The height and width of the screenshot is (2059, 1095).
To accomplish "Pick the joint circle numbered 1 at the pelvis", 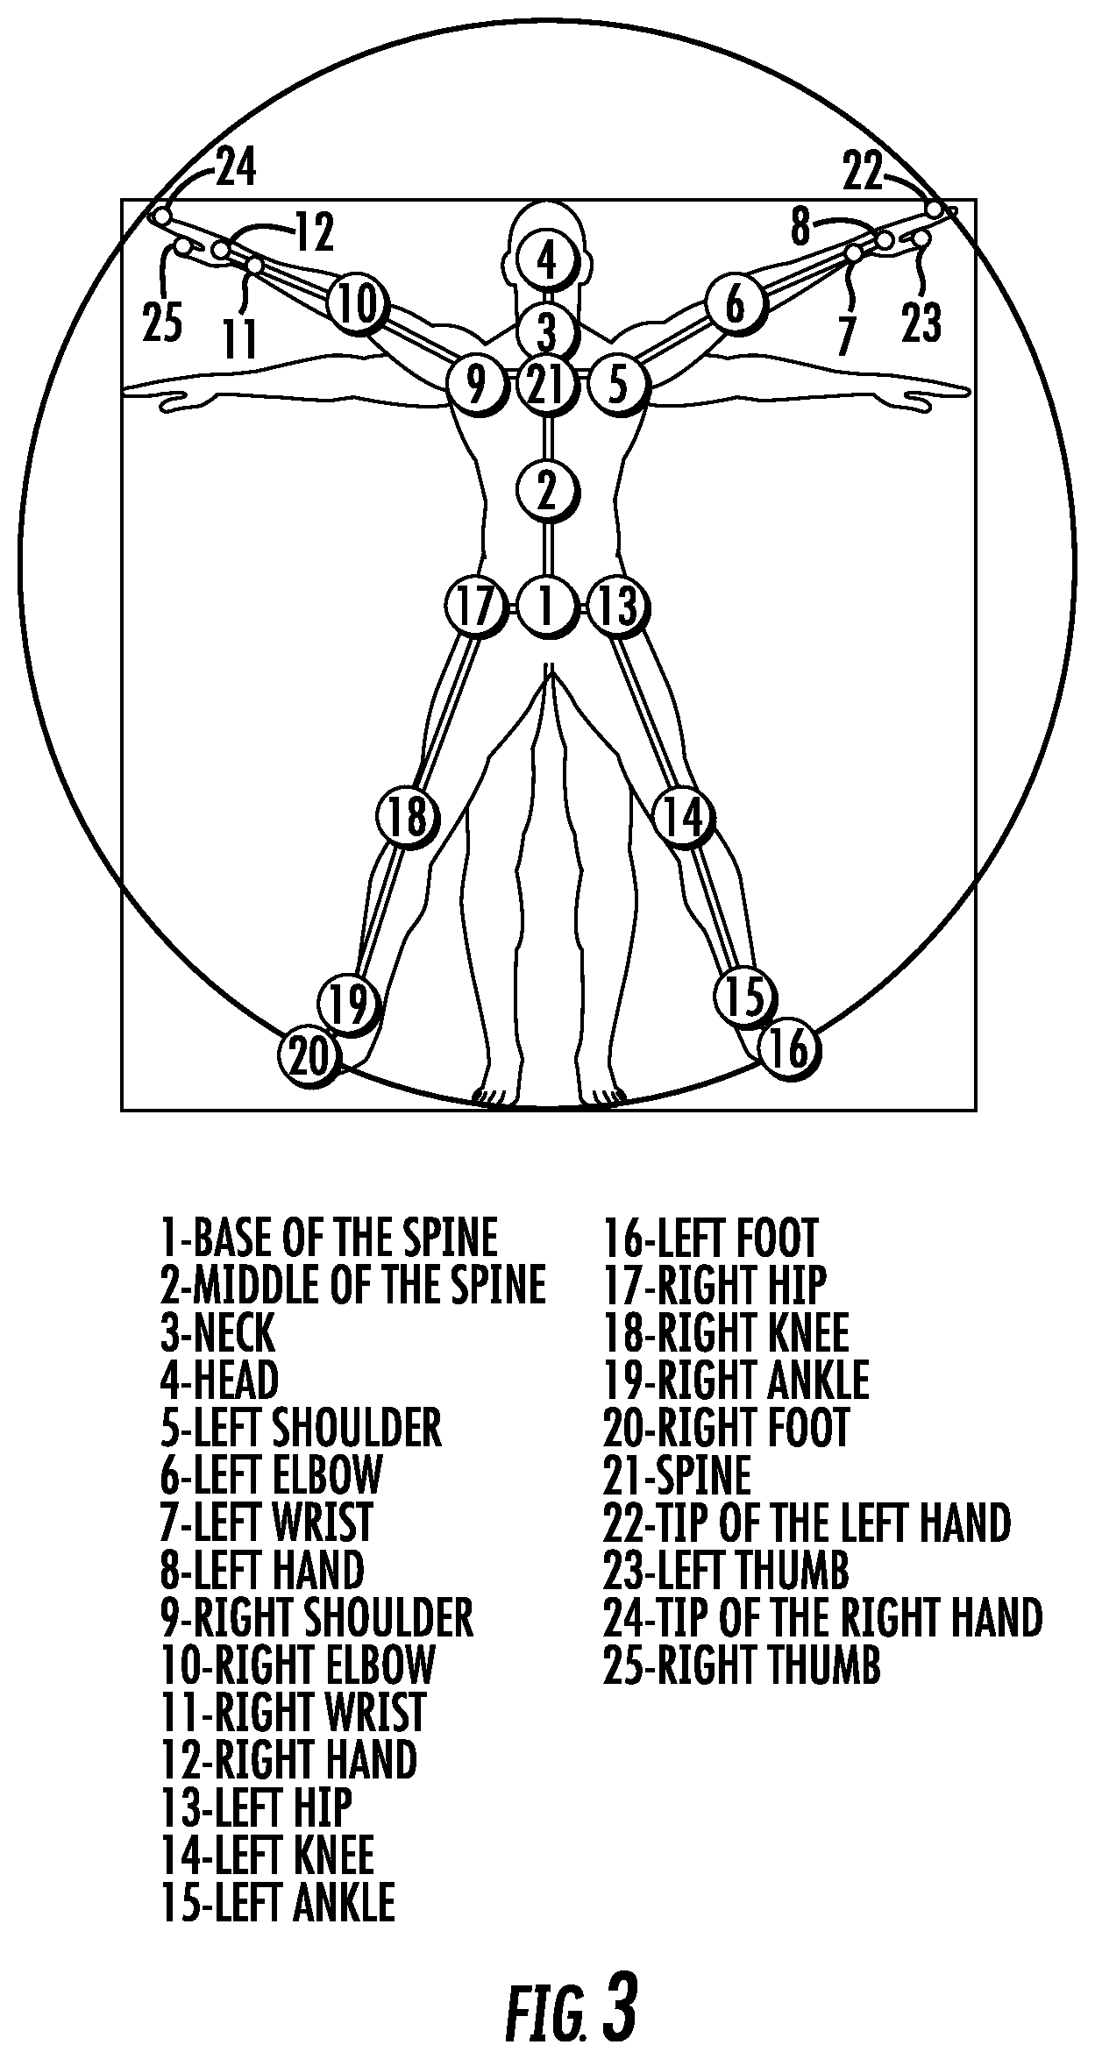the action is [547, 605].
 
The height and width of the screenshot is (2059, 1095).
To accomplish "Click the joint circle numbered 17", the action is [477, 605].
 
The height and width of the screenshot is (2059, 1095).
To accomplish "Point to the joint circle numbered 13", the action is [618, 605].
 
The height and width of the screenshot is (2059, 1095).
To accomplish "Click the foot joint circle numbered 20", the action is [308, 1055].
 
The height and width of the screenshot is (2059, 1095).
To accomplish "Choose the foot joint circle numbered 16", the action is [790, 1047].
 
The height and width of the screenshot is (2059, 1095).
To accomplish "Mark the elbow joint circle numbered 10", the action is [358, 302].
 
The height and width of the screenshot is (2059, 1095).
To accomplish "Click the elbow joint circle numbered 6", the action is [736, 302].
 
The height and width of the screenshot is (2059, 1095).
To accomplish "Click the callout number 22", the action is [863, 172].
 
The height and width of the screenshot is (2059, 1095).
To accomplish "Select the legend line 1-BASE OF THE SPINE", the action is [329, 1237].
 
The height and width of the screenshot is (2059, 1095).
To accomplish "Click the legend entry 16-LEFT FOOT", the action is [710, 1237].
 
